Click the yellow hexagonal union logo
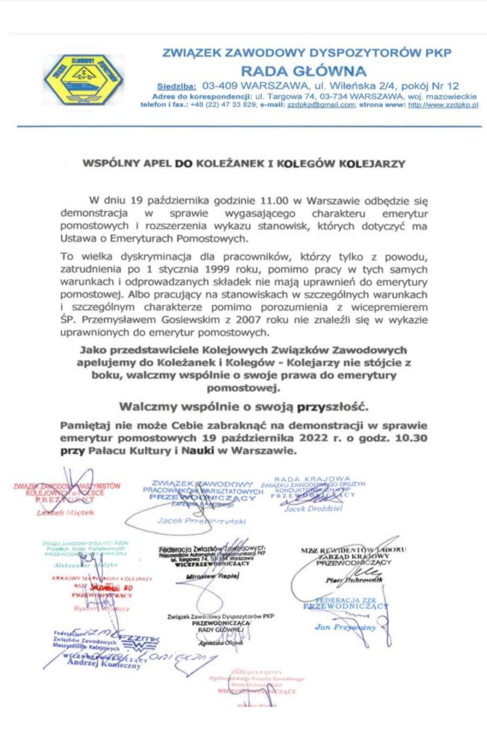(83, 80)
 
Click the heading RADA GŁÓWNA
(303, 71)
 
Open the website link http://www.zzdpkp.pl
(443, 105)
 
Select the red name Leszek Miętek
(65, 512)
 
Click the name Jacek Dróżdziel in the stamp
(313, 509)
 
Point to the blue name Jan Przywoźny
(345, 627)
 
